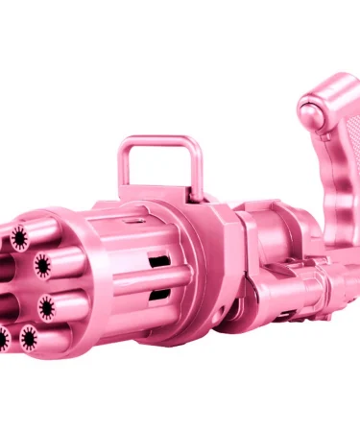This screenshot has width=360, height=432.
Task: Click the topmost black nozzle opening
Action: (x=20, y=234)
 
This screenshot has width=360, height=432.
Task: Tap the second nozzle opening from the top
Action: (x=42, y=263)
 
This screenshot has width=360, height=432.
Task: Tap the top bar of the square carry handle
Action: (x=158, y=143)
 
